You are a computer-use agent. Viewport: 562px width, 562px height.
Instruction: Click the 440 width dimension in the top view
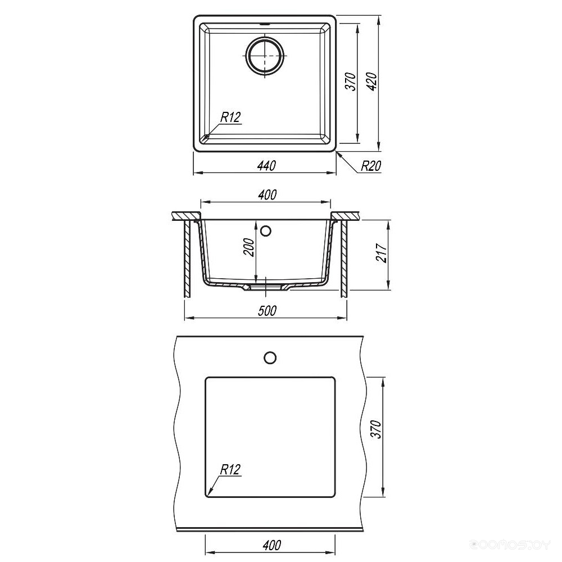click(266, 165)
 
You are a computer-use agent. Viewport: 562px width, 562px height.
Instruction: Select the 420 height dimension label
click(373, 81)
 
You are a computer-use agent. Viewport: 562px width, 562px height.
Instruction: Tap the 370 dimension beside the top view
click(352, 81)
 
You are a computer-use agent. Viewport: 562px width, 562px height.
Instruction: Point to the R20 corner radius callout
click(370, 166)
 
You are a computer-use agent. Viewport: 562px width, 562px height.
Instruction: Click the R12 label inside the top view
click(230, 117)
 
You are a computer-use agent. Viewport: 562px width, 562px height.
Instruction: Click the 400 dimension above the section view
click(267, 194)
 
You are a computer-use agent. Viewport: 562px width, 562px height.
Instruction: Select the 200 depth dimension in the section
click(249, 247)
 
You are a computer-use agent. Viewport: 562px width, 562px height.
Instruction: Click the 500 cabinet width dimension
click(267, 310)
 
